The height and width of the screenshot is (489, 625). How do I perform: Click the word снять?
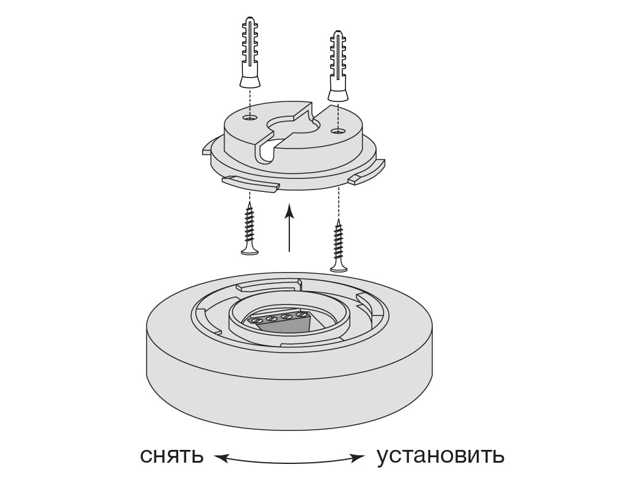[x=171, y=455]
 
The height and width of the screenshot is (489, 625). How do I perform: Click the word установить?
[x=440, y=455]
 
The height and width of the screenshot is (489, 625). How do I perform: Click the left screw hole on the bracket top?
[x=249, y=117]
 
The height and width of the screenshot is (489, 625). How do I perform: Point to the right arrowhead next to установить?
[x=358, y=457]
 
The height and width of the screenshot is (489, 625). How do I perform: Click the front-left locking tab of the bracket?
[x=250, y=184]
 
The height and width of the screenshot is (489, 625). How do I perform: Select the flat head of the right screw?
[x=339, y=267]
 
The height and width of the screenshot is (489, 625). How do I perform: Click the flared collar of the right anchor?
[x=338, y=94]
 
